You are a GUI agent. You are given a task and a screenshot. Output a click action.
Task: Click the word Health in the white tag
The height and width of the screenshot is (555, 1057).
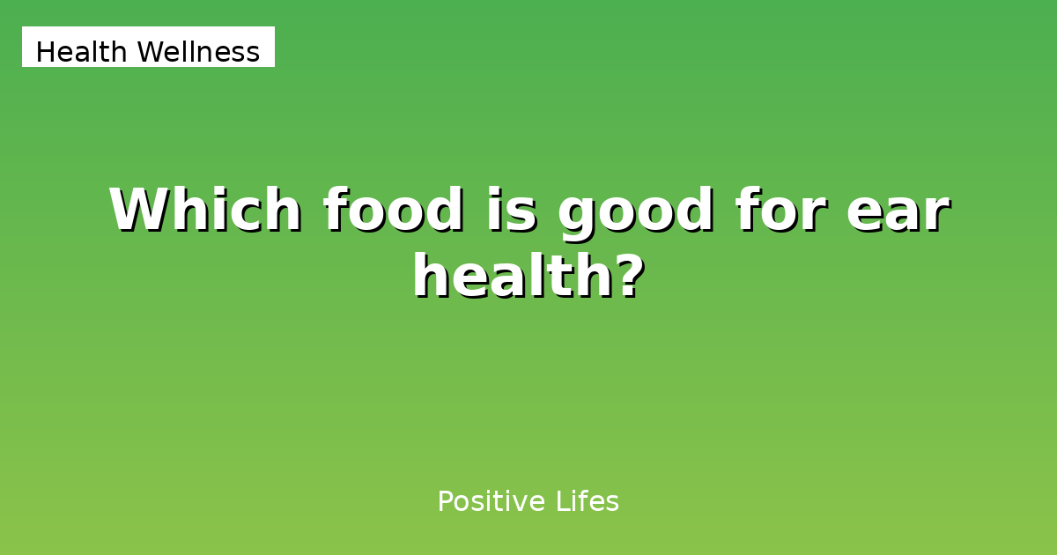[x=82, y=53]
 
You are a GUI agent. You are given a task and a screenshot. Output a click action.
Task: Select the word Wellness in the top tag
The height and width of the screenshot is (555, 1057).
[x=198, y=53]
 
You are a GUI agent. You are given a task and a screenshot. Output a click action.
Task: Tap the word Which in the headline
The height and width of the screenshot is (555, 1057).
[x=204, y=211]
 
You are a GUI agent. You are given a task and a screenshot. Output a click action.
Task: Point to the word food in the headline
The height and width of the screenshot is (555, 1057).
[x=392, y=211]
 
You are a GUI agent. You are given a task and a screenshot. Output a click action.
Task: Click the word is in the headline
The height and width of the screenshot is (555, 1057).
[x=510, y=211]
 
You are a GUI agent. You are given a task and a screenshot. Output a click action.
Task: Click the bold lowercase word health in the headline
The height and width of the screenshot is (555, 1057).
[x=514, y=277]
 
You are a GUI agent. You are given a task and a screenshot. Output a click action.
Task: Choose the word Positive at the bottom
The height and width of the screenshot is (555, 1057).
[x=492, y=502]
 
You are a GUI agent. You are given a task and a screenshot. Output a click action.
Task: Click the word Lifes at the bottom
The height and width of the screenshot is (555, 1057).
[x=588, y=502]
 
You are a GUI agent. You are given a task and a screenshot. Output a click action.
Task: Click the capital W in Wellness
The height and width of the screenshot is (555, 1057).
[x=150, y=53]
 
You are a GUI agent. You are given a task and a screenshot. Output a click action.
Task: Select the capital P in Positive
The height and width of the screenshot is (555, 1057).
[x=445, y=502]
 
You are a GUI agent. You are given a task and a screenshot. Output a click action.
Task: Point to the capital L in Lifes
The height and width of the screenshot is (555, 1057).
[x=562, y=502]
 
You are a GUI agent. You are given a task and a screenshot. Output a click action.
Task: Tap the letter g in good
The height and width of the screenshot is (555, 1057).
[x=578, y=216]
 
